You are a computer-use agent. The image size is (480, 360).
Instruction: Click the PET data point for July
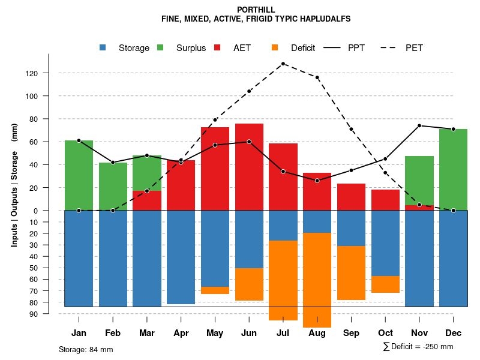pyautogui.click(x=283, y=64)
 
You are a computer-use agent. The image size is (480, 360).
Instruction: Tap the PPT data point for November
pyautogui.click(x=419, y=125)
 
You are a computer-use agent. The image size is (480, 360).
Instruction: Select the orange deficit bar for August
pyautogui.click(x=317, y=280)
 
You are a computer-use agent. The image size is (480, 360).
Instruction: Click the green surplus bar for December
pyautogui.click(x=454, y=169)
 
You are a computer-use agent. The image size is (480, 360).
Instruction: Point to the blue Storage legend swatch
pyautogui.click(x=103, y=48)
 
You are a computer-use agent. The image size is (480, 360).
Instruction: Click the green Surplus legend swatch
pyautogui.click(x=160, y=48)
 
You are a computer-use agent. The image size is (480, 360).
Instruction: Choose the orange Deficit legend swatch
pyautogui.click(x=275, y=48)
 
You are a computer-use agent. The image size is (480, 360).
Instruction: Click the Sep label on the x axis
pyautogui.click(x=352, y=333)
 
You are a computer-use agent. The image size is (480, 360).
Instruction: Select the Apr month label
pyautogui.click(x=181, y=333)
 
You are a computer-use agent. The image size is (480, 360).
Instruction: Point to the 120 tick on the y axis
pyautogui.click(x=48, y=73)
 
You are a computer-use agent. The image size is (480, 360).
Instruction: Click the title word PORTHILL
pyautogui.click(x=256, y=10)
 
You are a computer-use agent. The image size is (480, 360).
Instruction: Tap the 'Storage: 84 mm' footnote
pyautogui.click(x=86, y=349)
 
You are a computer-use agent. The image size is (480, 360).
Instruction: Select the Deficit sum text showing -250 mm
pyautogui.click(x=418, y=347)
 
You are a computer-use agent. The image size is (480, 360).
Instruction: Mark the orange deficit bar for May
pyautogui.click(x=215, y=290)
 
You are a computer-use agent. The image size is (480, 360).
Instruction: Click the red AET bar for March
pyautogui.click(x=147, y=200)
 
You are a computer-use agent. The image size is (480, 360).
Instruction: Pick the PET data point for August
pyautogui.click(x=317, y=77)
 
